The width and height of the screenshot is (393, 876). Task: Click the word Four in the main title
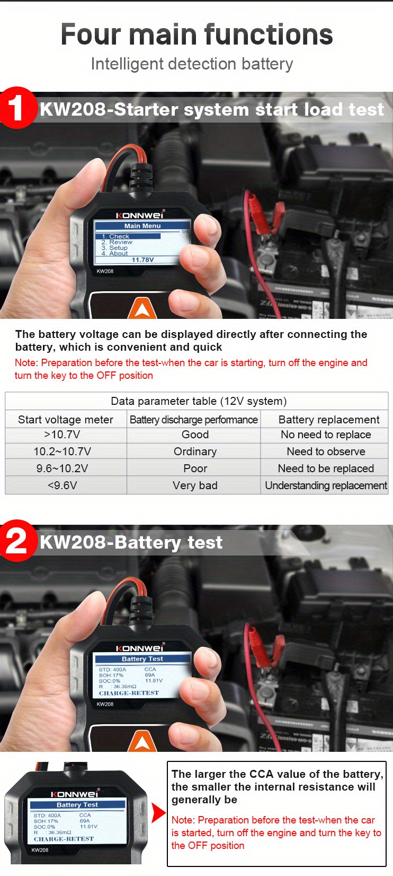click(91, 35)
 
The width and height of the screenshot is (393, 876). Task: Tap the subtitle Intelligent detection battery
click(192, 64)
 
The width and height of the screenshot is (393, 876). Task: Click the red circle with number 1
click(16, 108)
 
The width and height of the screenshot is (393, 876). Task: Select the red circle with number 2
click(16, 541)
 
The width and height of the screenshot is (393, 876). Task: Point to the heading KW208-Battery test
click(131, 542)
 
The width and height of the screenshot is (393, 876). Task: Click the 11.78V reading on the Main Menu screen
click(142, 260)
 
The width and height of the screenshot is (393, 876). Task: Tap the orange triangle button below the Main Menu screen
click(142, 309)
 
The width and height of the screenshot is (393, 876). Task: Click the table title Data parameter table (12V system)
click(198, 401)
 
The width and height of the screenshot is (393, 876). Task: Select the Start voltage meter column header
click(65, 420)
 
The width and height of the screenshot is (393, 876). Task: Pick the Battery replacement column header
click(328, 420)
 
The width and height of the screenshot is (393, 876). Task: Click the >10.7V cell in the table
click(62, 435)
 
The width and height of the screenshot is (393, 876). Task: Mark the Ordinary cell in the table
click(195, 452)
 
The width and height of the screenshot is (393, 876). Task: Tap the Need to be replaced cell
click(326, 469)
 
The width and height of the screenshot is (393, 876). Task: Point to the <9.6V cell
click(62, 485)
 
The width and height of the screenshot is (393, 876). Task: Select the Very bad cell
click(195, 485)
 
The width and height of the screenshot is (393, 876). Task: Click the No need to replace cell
click(326, 435)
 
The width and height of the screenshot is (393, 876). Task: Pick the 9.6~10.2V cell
click(62, 469)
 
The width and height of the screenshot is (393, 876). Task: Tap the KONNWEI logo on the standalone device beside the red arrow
click(74, 794)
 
